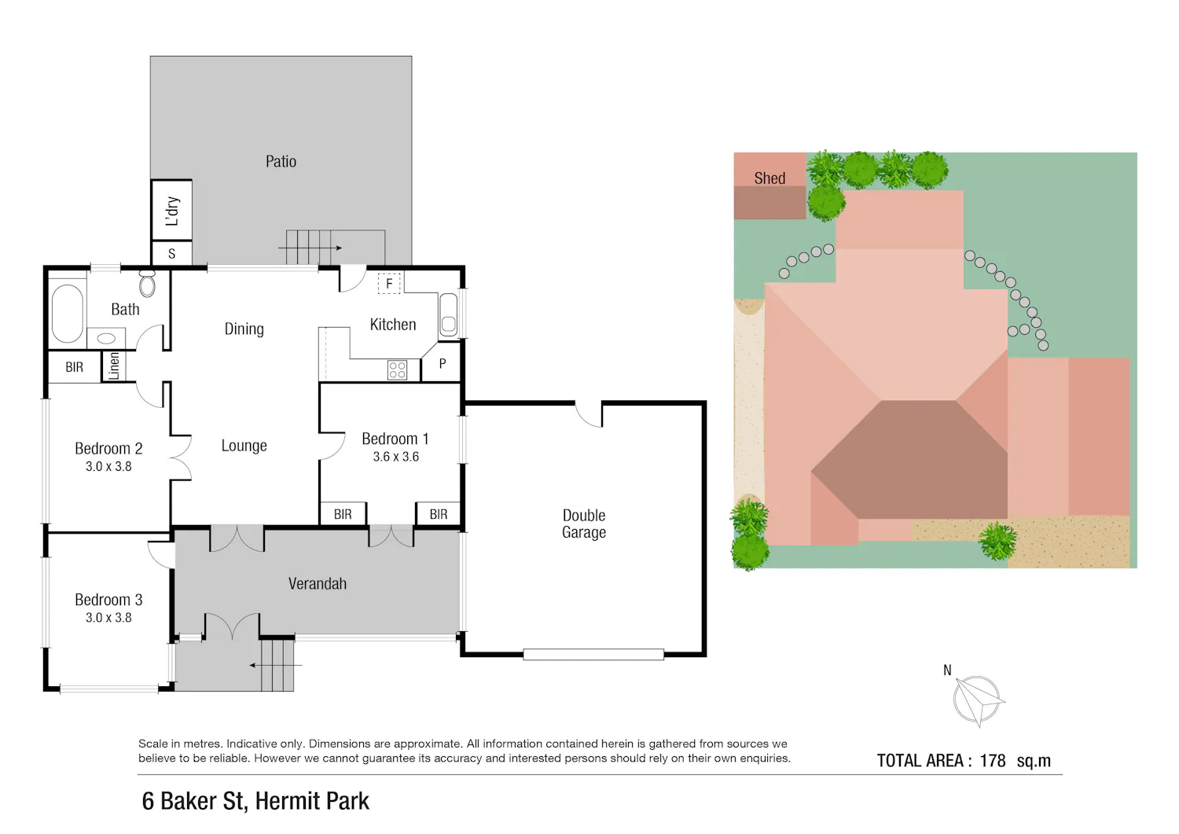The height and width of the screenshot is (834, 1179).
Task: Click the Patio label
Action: tap(281, 161)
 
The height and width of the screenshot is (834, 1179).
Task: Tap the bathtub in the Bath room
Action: tap(68, 314)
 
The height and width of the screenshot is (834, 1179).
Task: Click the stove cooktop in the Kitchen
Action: tap(397, 369)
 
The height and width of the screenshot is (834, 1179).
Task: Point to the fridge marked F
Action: tap(390, 284)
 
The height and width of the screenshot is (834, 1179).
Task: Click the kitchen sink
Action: tap(449, 315)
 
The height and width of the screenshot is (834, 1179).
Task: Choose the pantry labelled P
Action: tap(442, 363)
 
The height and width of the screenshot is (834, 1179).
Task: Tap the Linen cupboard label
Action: tap(114, 366)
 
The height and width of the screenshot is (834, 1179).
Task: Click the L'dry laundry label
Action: tap(172, 211)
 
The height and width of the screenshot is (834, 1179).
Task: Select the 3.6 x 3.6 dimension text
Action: tap(396, 457)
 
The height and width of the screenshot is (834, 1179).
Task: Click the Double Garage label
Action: tap(584, 524)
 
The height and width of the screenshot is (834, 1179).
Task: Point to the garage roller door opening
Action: tap(593, 655)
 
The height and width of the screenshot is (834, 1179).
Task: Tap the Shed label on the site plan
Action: tap(769, 178)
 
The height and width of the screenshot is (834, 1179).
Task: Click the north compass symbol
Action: tap(977, 700)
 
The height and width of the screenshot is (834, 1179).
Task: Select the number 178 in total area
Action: tap(992, 761)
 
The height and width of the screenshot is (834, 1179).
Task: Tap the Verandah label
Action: tap(318, 583)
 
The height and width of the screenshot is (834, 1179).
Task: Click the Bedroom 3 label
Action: tap(108, 600)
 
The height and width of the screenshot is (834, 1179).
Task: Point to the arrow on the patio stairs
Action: tap(310, 248)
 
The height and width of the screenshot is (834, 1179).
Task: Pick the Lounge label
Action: tap(244, 446)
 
